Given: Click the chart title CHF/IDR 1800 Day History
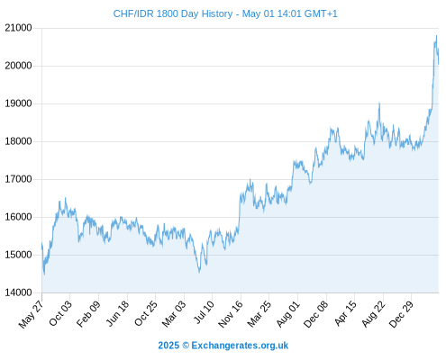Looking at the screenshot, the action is click(173, 13).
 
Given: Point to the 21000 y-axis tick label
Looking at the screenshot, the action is click(18, 28).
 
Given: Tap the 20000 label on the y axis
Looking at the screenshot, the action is click(18, 66).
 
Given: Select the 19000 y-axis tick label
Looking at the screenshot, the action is click(18, 103).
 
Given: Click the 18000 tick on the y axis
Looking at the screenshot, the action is click(18, 141).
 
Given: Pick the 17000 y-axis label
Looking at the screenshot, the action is click(18, 179).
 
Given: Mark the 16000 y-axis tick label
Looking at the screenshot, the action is click(18, 217).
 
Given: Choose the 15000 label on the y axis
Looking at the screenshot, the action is click(18, 255).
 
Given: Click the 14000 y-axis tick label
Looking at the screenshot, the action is click(18, 292).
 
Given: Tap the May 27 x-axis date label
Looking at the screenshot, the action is click(32, 314).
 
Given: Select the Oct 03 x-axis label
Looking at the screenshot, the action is click(60, 313).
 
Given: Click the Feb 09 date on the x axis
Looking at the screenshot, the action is click(88, 313).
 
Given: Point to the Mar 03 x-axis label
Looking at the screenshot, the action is click(174, 313).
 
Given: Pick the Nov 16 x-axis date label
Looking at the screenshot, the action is click(231, 314).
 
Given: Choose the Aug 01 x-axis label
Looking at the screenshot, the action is click(288, 313).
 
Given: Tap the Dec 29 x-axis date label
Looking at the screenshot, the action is click(401, 314).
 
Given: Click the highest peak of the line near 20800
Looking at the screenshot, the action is click(436, 36).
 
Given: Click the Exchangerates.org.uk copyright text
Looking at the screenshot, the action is click(223, 346).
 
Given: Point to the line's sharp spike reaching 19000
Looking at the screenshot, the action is click(379, 103).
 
